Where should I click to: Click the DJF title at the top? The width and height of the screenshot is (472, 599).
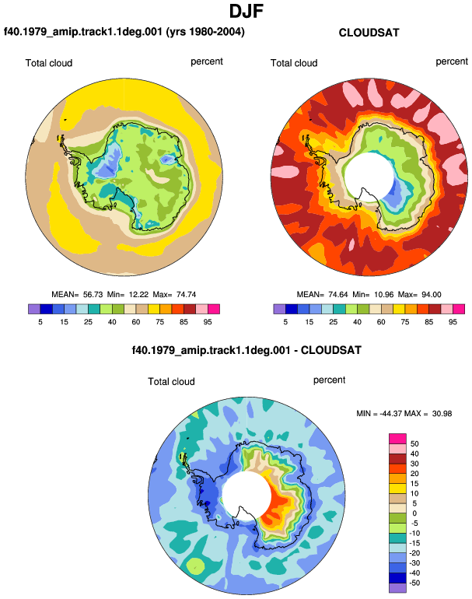(246, 11)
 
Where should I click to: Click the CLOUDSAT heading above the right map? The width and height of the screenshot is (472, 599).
(369, 33)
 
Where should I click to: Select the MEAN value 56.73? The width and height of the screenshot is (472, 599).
(93, 295)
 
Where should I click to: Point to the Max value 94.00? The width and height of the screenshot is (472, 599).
(432, 295)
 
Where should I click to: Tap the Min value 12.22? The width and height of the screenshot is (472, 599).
(138, 295)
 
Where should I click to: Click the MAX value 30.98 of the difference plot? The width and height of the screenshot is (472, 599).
(442, 414)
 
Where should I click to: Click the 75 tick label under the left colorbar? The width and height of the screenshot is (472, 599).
(159, 322)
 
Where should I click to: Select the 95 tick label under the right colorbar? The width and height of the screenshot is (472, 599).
(453, 322)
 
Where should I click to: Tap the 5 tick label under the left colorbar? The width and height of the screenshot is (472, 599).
(40, 322)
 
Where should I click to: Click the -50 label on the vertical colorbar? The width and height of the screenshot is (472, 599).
(414, 583)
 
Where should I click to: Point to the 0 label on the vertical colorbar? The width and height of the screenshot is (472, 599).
(414, 513)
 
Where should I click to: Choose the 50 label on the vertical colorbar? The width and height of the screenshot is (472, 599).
(414, 444)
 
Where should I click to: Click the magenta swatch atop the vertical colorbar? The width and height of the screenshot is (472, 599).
(397, 439)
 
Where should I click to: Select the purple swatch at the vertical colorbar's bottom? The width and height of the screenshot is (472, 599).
(397, 588)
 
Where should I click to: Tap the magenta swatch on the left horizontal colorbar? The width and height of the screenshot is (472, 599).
(214, 309)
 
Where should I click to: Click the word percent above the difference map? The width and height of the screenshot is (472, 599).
(329, 380)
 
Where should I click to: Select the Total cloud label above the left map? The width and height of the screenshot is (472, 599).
(49, 63)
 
